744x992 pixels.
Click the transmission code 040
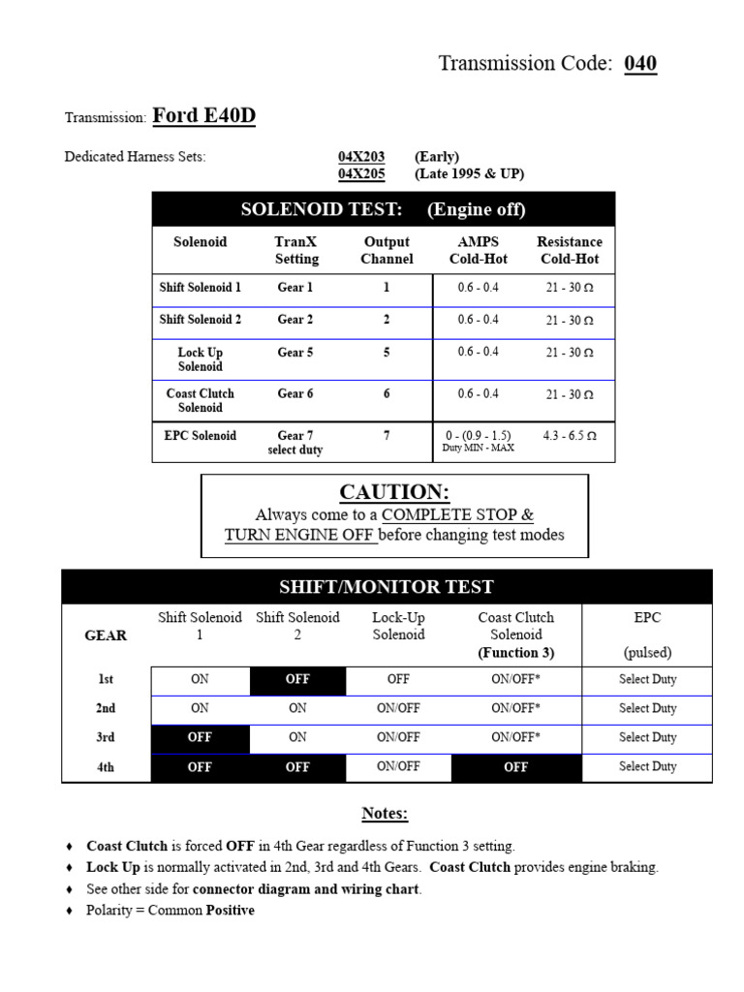[640, 64]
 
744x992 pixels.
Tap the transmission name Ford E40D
[203, 116]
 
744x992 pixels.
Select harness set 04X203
[361, 157]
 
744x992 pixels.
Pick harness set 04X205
[361, 174]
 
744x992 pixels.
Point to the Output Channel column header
[387, 250]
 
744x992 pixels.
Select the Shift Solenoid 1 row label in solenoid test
[201, 288]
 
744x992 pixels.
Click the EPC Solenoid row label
[201, 436]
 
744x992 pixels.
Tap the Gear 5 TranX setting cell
[295, 353]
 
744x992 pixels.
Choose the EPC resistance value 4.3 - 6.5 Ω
[571, 436]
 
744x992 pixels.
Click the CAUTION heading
[394, 492]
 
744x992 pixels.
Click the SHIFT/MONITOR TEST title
[387, 587]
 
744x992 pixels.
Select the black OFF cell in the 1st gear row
[297, 680]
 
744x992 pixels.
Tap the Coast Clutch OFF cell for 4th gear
[516, 767]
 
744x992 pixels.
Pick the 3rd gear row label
[106, 738]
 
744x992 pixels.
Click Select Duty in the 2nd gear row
[647, 709]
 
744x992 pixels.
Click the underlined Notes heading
[386, 814]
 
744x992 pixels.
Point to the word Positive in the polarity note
[231, 911]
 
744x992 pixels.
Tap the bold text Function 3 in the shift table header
[516, 653]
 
